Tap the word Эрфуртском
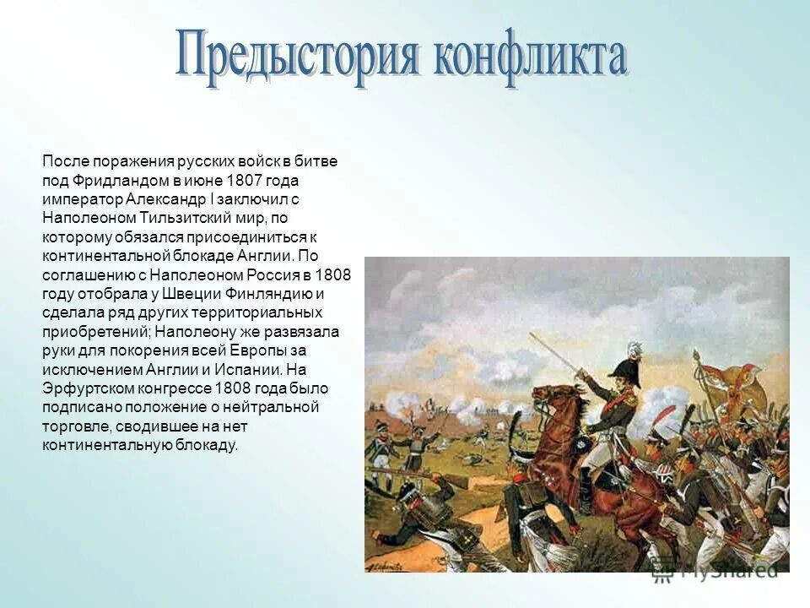84,388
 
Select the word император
81,198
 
